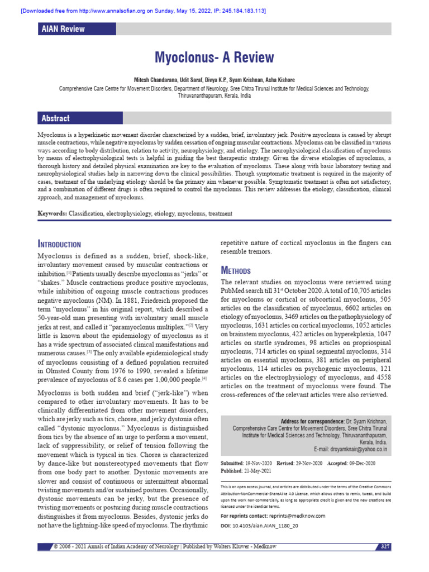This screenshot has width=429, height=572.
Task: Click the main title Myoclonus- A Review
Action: coord(214,58)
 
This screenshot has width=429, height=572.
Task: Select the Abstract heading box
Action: coord(55,118)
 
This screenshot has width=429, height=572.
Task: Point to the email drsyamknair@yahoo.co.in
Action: coord(351,449)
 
